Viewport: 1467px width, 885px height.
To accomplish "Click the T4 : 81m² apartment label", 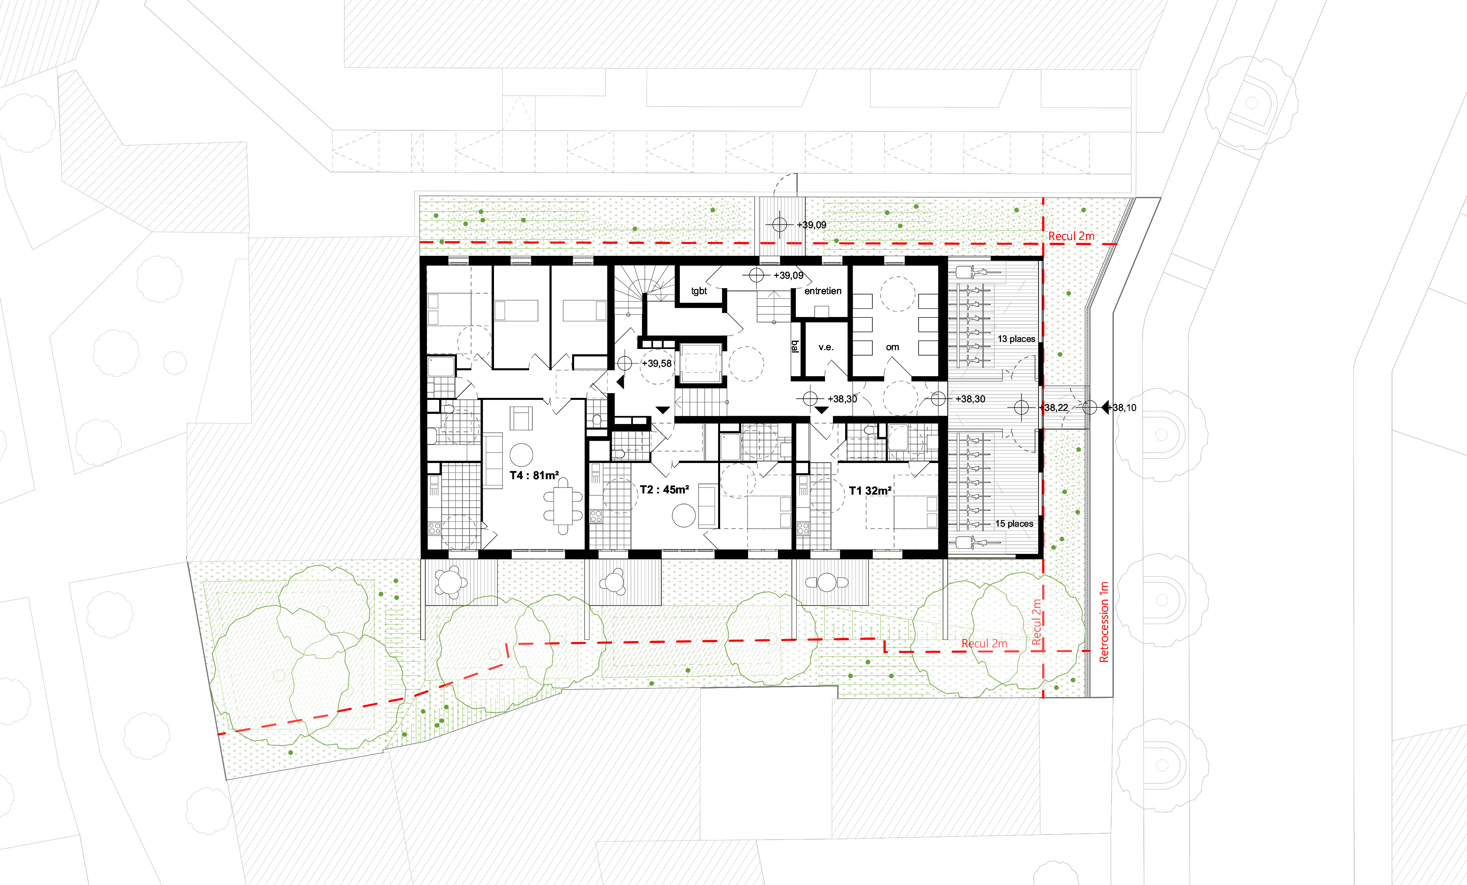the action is [x=534, y=475].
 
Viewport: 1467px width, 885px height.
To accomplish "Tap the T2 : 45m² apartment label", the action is [x=664, y=489].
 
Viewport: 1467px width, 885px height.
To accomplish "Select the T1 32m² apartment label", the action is [x=870, y=491].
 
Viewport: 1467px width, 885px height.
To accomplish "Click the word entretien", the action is [x=823, y=291].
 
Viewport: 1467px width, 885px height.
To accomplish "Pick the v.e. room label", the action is [x=826, y=347].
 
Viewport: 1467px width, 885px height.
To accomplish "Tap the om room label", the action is [x=893, y=347].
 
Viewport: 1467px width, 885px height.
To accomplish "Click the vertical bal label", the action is [x=795, y=346].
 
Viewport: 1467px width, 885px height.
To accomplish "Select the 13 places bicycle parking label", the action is [x=1016, y=339].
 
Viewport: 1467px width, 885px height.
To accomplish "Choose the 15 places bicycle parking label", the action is [x=1014, y=523].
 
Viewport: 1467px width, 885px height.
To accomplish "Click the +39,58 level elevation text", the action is [x=656, y=363].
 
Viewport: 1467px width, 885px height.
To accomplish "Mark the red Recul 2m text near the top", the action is [x=1071, y=236].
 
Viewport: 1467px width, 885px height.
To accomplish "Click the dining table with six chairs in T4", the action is [x=563, y=506].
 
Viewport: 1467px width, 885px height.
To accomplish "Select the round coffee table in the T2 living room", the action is [x=683, y=516].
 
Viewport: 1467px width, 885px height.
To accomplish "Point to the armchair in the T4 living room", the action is [x=522, y=418].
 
